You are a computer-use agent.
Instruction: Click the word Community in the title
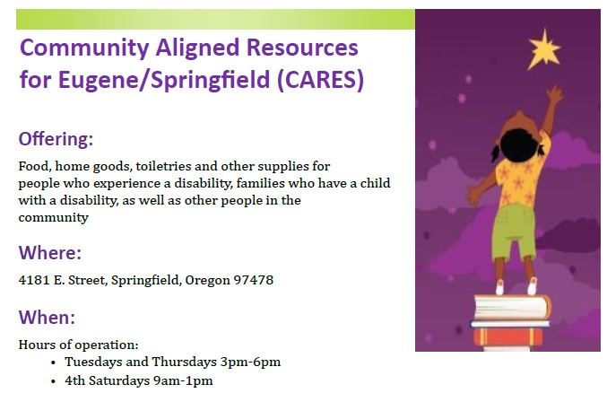(84, 48)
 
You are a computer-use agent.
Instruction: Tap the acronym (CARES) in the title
(321, 80)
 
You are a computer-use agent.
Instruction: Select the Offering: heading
(56, 139)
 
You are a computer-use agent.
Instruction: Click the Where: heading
(50, 252)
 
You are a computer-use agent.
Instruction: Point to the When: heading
(47, 317)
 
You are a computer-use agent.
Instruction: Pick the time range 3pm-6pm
(250, 362)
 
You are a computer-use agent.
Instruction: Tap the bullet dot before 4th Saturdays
(54, 381)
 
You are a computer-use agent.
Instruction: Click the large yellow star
(544, 49)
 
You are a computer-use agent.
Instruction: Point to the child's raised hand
(555, 94)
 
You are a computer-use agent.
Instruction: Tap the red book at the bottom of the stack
(508, 337)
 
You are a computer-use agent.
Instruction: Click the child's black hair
(518, 146)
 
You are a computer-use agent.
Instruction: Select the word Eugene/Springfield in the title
(163, 80)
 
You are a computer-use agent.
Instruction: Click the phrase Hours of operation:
(78, 345)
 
